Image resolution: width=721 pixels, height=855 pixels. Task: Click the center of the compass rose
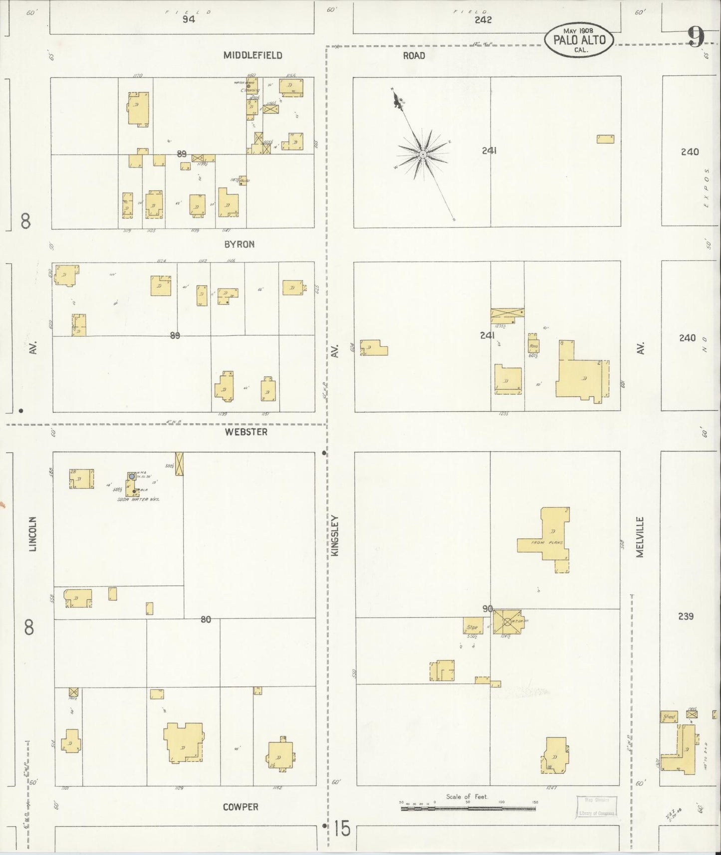click(x=422, y=154)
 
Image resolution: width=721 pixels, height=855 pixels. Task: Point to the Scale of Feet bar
click(x=468, y=808)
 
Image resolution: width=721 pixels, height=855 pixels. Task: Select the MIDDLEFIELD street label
click(x=252, y=55)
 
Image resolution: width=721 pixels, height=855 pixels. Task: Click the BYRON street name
click(x=240, y=244)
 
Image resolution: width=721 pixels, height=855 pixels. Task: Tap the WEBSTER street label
click(x=246, y=432)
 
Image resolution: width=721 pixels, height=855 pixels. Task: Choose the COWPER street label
click(x=240, y=807)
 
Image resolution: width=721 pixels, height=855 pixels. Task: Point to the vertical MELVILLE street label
click(x=641, y=537)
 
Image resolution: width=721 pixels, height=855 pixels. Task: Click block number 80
click(x=206, y=620)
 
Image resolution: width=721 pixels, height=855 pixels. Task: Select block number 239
click(x=686, y=616)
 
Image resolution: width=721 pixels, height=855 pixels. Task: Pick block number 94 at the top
click(x=188, y=19)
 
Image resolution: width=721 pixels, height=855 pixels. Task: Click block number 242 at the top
click(x=483, y=19)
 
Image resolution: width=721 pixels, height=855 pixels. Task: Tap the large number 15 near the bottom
click(x=342, y=829)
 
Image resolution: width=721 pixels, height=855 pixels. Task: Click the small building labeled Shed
click(x=669, y=716)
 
